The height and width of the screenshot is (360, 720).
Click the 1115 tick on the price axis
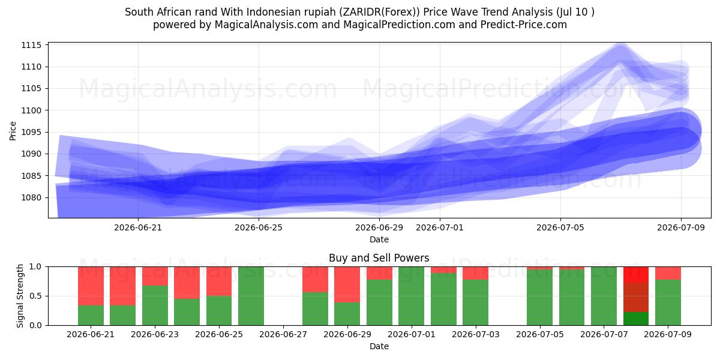click(x=31, y=45)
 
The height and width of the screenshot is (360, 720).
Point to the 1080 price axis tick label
click(x=31, y=197)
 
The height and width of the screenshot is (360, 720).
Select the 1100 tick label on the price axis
click(x=31, y=110)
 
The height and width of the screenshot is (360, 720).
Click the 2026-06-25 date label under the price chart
click(x=259, y=227)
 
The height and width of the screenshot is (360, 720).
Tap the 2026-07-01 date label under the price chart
click(x=440, y=227)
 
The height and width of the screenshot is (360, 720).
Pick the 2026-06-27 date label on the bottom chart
click(x=283, y=334)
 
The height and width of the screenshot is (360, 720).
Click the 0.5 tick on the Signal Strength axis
click(x=35, y=296)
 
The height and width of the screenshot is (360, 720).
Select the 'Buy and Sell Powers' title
click(x=379, y=258)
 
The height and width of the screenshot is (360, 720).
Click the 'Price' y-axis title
click(x=13, y=131)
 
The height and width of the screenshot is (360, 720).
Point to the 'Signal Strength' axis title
click(x=20, y=296)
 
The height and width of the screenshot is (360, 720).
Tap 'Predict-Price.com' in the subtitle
click(x=524, y=25)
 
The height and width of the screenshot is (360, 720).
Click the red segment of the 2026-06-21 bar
click(x=91, y=286)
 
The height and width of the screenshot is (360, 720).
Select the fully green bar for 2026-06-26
click(x=251, y=296)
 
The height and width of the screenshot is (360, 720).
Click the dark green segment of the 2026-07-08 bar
click(x=636, y=319)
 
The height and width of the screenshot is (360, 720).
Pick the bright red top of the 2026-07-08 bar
click(x=636, y=275)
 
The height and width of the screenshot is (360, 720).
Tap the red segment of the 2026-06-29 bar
click(x=347, y=284)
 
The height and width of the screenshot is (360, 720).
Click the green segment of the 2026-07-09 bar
click(x=668, y=302)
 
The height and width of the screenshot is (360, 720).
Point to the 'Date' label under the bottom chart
click(x=379, y=346)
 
